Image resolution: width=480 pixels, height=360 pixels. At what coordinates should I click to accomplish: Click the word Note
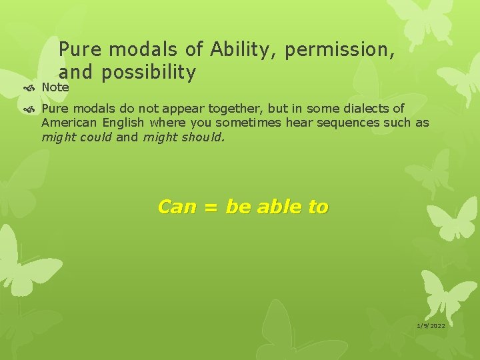coord(55,87)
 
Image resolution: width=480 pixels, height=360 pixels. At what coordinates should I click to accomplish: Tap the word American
coord(68,123)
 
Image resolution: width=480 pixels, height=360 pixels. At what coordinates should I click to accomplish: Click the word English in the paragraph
coord(123,123)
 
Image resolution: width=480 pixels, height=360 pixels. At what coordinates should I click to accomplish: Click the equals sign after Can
coord(211,207)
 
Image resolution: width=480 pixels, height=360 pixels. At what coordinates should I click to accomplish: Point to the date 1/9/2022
coord(431,325)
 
